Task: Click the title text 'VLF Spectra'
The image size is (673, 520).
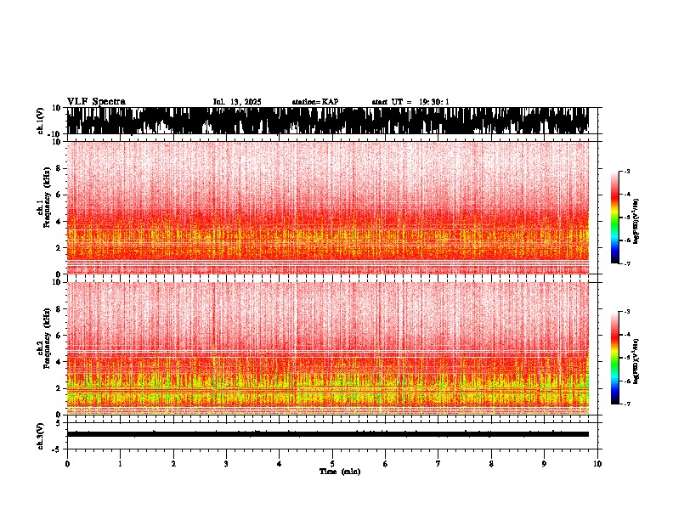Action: (x=96, y=102)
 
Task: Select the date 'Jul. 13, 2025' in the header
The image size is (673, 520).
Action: (x=237, y=102)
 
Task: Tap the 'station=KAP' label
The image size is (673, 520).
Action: (x=314, y=102)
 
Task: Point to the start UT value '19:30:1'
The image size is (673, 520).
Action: (x=433, y=102)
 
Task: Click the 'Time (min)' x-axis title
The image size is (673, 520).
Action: (x=339, y=472)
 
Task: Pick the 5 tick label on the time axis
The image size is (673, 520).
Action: (x=332, y=464)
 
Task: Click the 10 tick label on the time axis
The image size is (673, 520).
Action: (x=597, y=464)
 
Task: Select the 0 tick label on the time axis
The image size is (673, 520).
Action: (x=67, y=464)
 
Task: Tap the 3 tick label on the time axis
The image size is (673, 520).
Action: (x=226, y=464)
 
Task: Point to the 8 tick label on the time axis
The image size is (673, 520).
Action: (x=491, y=464)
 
